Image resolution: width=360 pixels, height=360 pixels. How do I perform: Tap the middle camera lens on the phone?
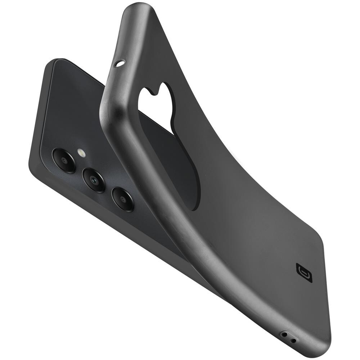click(x=94, y=180)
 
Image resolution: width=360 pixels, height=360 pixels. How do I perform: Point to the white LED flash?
click(x=81, y=153)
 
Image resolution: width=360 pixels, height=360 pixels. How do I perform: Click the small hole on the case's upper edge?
click(x=120, y=64)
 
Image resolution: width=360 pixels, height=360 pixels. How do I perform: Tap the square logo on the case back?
click(x=304, y=273)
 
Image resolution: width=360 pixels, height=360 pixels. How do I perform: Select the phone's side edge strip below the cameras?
click(x=108, y=220)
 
